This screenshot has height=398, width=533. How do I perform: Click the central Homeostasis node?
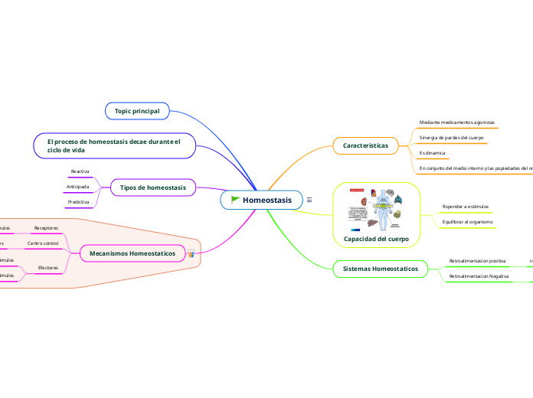[x=266, y=200]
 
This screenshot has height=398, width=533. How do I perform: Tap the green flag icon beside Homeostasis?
[x=235, y=200]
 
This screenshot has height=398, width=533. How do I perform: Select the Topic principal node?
[x=137, y=111]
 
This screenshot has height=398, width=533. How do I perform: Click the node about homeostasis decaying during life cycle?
[x=114, y=145]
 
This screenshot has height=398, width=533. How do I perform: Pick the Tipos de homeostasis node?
[x=153, y=187]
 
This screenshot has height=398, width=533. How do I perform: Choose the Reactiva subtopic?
[x=80, y=171]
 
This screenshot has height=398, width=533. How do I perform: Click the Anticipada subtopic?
[x=77, y=187]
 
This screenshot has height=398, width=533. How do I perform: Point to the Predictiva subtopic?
[x=78, y=202]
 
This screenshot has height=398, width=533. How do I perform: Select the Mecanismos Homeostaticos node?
[x=132, y=253]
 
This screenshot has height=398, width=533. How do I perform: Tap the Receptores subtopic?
[x=46, y=228]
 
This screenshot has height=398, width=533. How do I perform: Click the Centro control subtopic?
[x=43, y=243]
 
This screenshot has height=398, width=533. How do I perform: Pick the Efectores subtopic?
[x=47, y=268]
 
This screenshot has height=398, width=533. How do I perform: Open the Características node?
[x=365, y=145]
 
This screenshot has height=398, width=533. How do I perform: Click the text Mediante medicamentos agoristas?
[x=457, y=122]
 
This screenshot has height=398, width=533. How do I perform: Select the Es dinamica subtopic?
[x=433, y=152]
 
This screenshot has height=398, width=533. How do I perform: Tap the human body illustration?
[x=377, y=209]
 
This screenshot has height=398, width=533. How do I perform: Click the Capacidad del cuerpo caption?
[x=377, y=239]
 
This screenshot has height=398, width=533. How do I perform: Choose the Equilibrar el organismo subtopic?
[x=468, y=221]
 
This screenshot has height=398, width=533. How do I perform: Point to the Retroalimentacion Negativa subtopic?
[x=479, y=276]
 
